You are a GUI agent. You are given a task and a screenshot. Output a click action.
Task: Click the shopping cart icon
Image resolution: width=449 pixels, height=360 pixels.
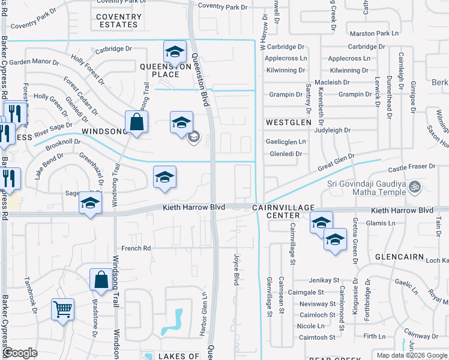(62, 310)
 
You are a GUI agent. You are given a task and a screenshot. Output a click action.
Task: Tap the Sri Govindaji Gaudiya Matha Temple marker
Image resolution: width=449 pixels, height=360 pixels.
(413, 187)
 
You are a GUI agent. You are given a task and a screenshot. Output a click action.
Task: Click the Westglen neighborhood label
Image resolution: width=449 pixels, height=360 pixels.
(289, 122)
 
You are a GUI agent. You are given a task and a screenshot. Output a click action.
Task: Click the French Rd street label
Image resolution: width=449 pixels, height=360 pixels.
(135, 247)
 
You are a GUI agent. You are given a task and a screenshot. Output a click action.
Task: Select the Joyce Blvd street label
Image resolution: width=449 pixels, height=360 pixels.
(236, 269)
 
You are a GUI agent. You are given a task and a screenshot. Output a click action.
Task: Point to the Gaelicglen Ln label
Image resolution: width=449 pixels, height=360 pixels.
(286, 142)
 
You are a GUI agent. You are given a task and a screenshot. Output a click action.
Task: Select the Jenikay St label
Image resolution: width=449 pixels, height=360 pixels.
(324, 280)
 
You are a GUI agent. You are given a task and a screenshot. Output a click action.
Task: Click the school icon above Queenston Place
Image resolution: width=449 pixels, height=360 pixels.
(175, 51)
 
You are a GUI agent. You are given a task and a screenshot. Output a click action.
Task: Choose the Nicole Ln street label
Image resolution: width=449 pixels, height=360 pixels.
(311, 326)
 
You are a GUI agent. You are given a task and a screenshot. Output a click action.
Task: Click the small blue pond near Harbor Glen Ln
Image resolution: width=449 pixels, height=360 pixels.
(178, 319)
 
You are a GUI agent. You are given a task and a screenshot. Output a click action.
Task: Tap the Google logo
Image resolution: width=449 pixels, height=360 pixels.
(20, 353)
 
